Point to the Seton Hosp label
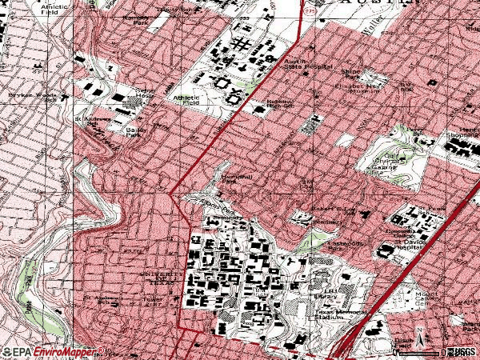tap(145, 94)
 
